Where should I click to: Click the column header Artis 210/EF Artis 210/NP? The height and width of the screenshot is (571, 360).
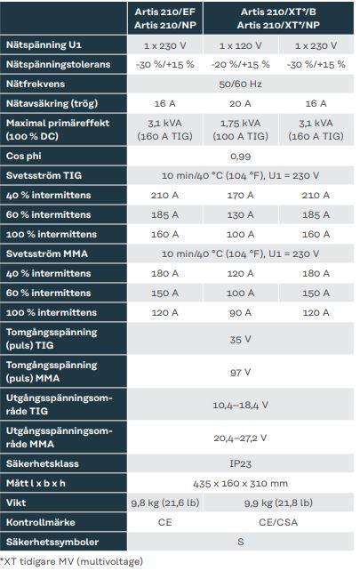[x=165, y=18]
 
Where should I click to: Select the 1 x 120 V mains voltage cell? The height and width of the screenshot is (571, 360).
[x=240, y=45]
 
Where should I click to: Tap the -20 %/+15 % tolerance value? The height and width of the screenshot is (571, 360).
[x=240, y=64]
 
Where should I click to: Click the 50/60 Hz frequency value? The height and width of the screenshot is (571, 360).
[x=240, y=84]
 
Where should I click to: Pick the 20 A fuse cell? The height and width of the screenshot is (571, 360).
[x=240, y=104]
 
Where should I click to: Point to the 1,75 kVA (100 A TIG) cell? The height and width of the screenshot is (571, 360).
[x=240, y=130]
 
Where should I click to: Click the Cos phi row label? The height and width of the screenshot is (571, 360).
[x=24, y=156]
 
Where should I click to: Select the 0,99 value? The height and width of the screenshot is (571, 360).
[x=240, y=157]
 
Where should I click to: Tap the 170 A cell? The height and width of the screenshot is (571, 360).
[x=240, y=195]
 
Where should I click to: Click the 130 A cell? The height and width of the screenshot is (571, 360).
[x=240, y=215]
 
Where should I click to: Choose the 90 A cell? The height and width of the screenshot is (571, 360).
[x=240, y=312]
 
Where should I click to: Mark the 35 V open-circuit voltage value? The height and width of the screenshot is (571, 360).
[x=240, y=340]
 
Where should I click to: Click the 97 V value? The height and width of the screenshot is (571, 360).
[x=240, y=372]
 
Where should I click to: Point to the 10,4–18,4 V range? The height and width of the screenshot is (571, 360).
[x=240, y=405]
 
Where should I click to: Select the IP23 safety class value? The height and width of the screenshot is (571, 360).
[x=240, y=463]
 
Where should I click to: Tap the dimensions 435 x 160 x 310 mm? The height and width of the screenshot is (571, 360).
[x=240, y=483]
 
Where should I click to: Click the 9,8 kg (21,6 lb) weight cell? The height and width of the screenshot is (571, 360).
[x=165, y=503]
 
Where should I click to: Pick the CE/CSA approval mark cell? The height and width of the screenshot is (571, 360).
[x=278, y=522]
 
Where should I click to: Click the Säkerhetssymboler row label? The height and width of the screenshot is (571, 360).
[x=52, y=542]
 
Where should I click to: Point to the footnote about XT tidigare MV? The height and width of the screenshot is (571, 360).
[x=72, y=561]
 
